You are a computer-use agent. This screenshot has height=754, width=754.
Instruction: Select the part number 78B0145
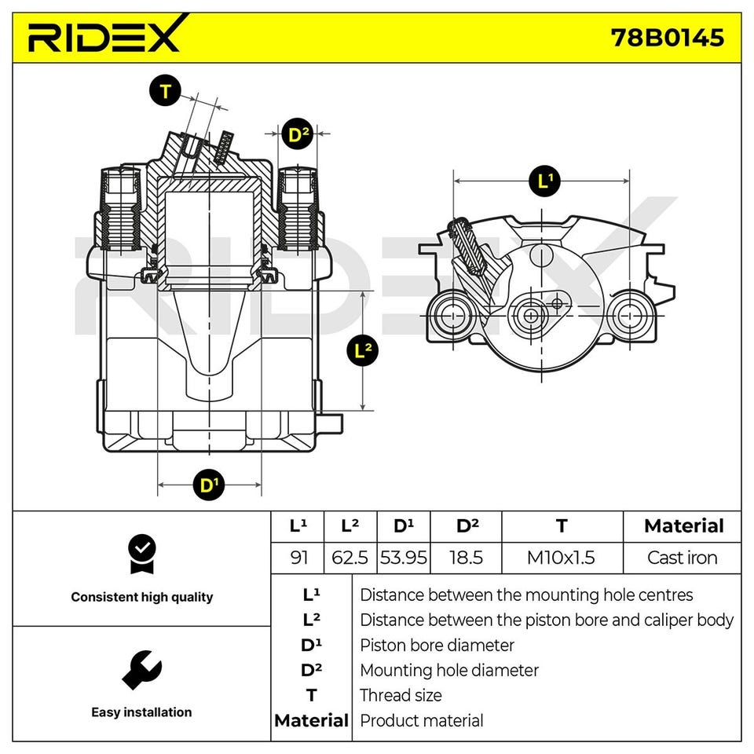coord(667,37)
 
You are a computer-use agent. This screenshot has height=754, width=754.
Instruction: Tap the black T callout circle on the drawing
coord(165,92)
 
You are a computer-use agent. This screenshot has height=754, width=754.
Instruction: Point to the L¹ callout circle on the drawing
coord(544,181)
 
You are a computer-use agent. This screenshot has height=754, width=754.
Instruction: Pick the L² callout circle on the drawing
coord(361,350)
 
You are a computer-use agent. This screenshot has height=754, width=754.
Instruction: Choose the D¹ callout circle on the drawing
coord(208,486)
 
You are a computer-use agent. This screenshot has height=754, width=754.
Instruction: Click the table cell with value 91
coord(299,558)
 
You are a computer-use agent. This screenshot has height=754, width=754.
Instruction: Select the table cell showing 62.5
coord(350,558)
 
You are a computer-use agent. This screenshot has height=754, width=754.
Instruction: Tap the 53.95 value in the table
coord(404,558)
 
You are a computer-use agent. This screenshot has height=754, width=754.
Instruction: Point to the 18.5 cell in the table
coord(467,558)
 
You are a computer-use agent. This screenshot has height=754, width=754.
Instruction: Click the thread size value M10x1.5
coord(561,558)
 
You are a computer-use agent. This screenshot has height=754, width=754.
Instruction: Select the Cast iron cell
coord(682,558)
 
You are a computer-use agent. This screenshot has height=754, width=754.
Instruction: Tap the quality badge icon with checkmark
coord(141,554)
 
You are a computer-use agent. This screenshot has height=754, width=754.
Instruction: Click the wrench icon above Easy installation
coord(141,670)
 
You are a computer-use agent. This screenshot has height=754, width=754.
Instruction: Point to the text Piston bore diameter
coord(437,646)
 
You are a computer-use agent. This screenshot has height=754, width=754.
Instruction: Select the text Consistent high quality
coord(141,597)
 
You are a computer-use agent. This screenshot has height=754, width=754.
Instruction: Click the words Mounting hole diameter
coord(449,671)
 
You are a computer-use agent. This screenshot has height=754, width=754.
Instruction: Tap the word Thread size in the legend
coord(401,695)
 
